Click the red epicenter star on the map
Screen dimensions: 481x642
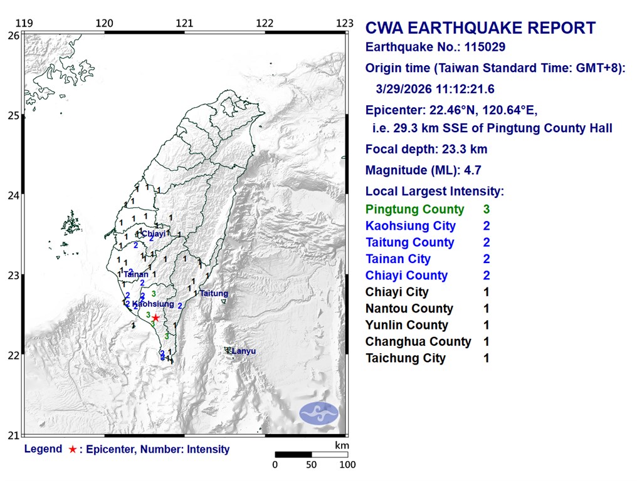[155, 318]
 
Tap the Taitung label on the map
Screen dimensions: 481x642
[214, 293]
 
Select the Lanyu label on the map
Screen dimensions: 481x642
[244, 351]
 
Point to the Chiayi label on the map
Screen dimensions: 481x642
[154, 234]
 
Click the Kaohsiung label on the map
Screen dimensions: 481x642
[153, 304]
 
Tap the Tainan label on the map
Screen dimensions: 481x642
[136, 274]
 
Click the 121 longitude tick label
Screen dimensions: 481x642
[184, 24]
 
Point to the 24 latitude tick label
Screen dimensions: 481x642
[13, 195]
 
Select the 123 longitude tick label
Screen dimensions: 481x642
[345, 24]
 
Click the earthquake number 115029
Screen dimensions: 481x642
[482, 47]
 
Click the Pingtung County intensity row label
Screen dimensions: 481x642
[415, 210]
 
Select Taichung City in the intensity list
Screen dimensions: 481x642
[406, 358]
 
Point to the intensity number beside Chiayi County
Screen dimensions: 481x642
[487, 276]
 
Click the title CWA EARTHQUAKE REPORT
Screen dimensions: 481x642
[480, 28]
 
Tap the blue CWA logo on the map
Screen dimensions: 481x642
[318, 413]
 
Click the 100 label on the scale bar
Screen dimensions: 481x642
[347, 465]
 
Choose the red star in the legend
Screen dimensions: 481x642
[73, 449]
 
